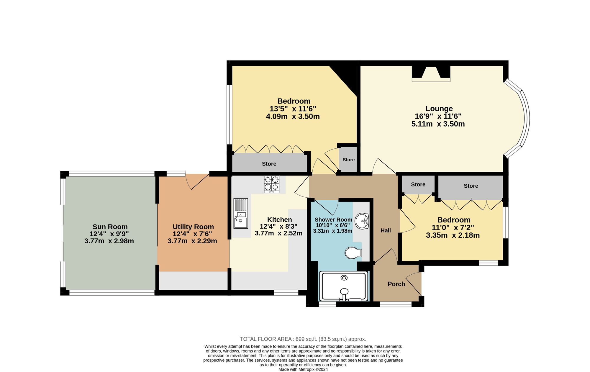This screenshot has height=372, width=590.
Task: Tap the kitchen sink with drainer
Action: [241, 213]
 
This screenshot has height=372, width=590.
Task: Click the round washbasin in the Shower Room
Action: [362, 221]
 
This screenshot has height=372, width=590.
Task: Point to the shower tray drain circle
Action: [344, 278]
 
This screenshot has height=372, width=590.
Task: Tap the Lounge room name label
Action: [439, 109]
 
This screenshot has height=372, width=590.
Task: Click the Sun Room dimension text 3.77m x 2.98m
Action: [109, 241]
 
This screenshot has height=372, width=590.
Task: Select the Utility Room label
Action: [193, 227]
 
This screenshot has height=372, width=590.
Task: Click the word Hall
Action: [386, 230]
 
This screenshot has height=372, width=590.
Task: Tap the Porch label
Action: [396, 284]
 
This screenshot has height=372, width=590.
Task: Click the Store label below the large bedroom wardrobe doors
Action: [269, 164]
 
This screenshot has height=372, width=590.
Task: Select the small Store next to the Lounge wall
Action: [348, 160]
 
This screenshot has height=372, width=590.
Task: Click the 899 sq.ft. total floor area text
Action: [303, 339]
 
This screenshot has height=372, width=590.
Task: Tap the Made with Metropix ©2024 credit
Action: [303, 369]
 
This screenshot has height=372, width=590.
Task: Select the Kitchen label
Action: [279, 219]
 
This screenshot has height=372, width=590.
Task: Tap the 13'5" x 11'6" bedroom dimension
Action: [293, 109]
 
